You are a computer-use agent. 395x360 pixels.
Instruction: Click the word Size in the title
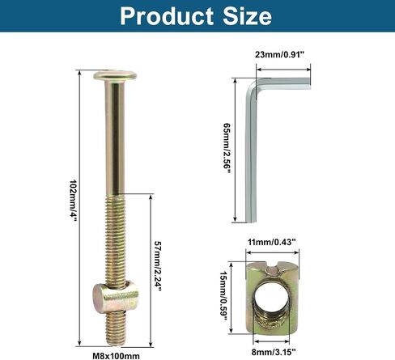tap(248, 16)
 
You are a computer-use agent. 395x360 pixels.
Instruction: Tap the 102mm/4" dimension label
tap(74, 201)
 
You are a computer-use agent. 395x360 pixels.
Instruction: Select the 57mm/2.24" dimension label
tap(158, 265)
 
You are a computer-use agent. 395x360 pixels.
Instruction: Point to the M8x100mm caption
tap(117, 356)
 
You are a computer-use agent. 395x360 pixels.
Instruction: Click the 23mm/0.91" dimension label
tap(279, 55)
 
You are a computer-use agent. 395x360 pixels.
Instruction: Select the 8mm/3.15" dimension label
tap(274, 352)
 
